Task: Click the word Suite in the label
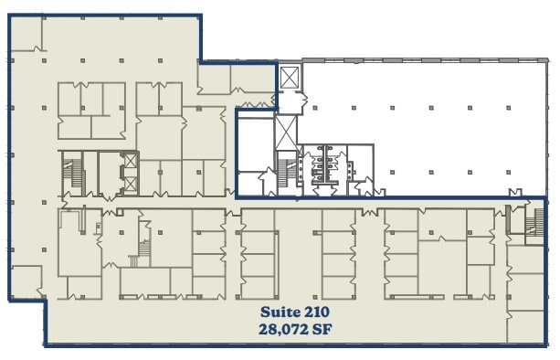pyautogui.click(x=280, y=312)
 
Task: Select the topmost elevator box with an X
pyautogui.click(x=290, y=76)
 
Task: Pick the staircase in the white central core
pyautogui.click(x=287, y=170)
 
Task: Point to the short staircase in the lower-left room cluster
pyautogui.click(x=143, y=249)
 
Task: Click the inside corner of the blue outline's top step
pyautogui.click(x=200, y=61)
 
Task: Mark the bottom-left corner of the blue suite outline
pyautogui.click(x=45, y=344)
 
